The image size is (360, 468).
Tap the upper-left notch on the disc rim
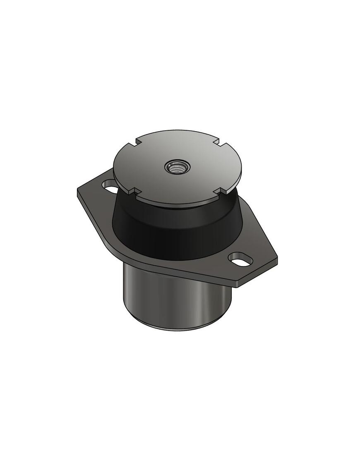tap(137, 143)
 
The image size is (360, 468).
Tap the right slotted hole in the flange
tap(240, 261)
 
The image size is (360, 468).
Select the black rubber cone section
tap(174, 232)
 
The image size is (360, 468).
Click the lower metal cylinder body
tap(166, 298)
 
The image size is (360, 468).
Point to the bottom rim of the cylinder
tap(178, 329)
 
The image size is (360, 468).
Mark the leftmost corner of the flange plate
tap(78, 191)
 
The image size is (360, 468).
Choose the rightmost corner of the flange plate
tap(276, 258)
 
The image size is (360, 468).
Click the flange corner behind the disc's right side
tap(244, 203)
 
